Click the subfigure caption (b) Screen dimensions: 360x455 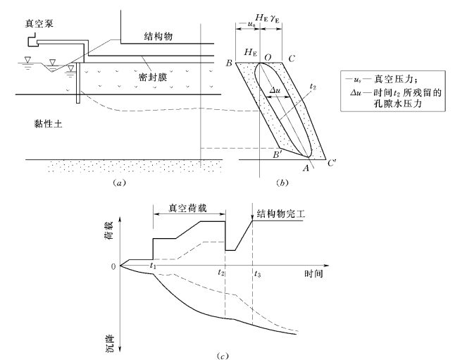coord(282,182)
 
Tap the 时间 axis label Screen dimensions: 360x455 coord(313,273)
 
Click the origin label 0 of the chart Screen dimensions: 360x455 coord(111,266)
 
